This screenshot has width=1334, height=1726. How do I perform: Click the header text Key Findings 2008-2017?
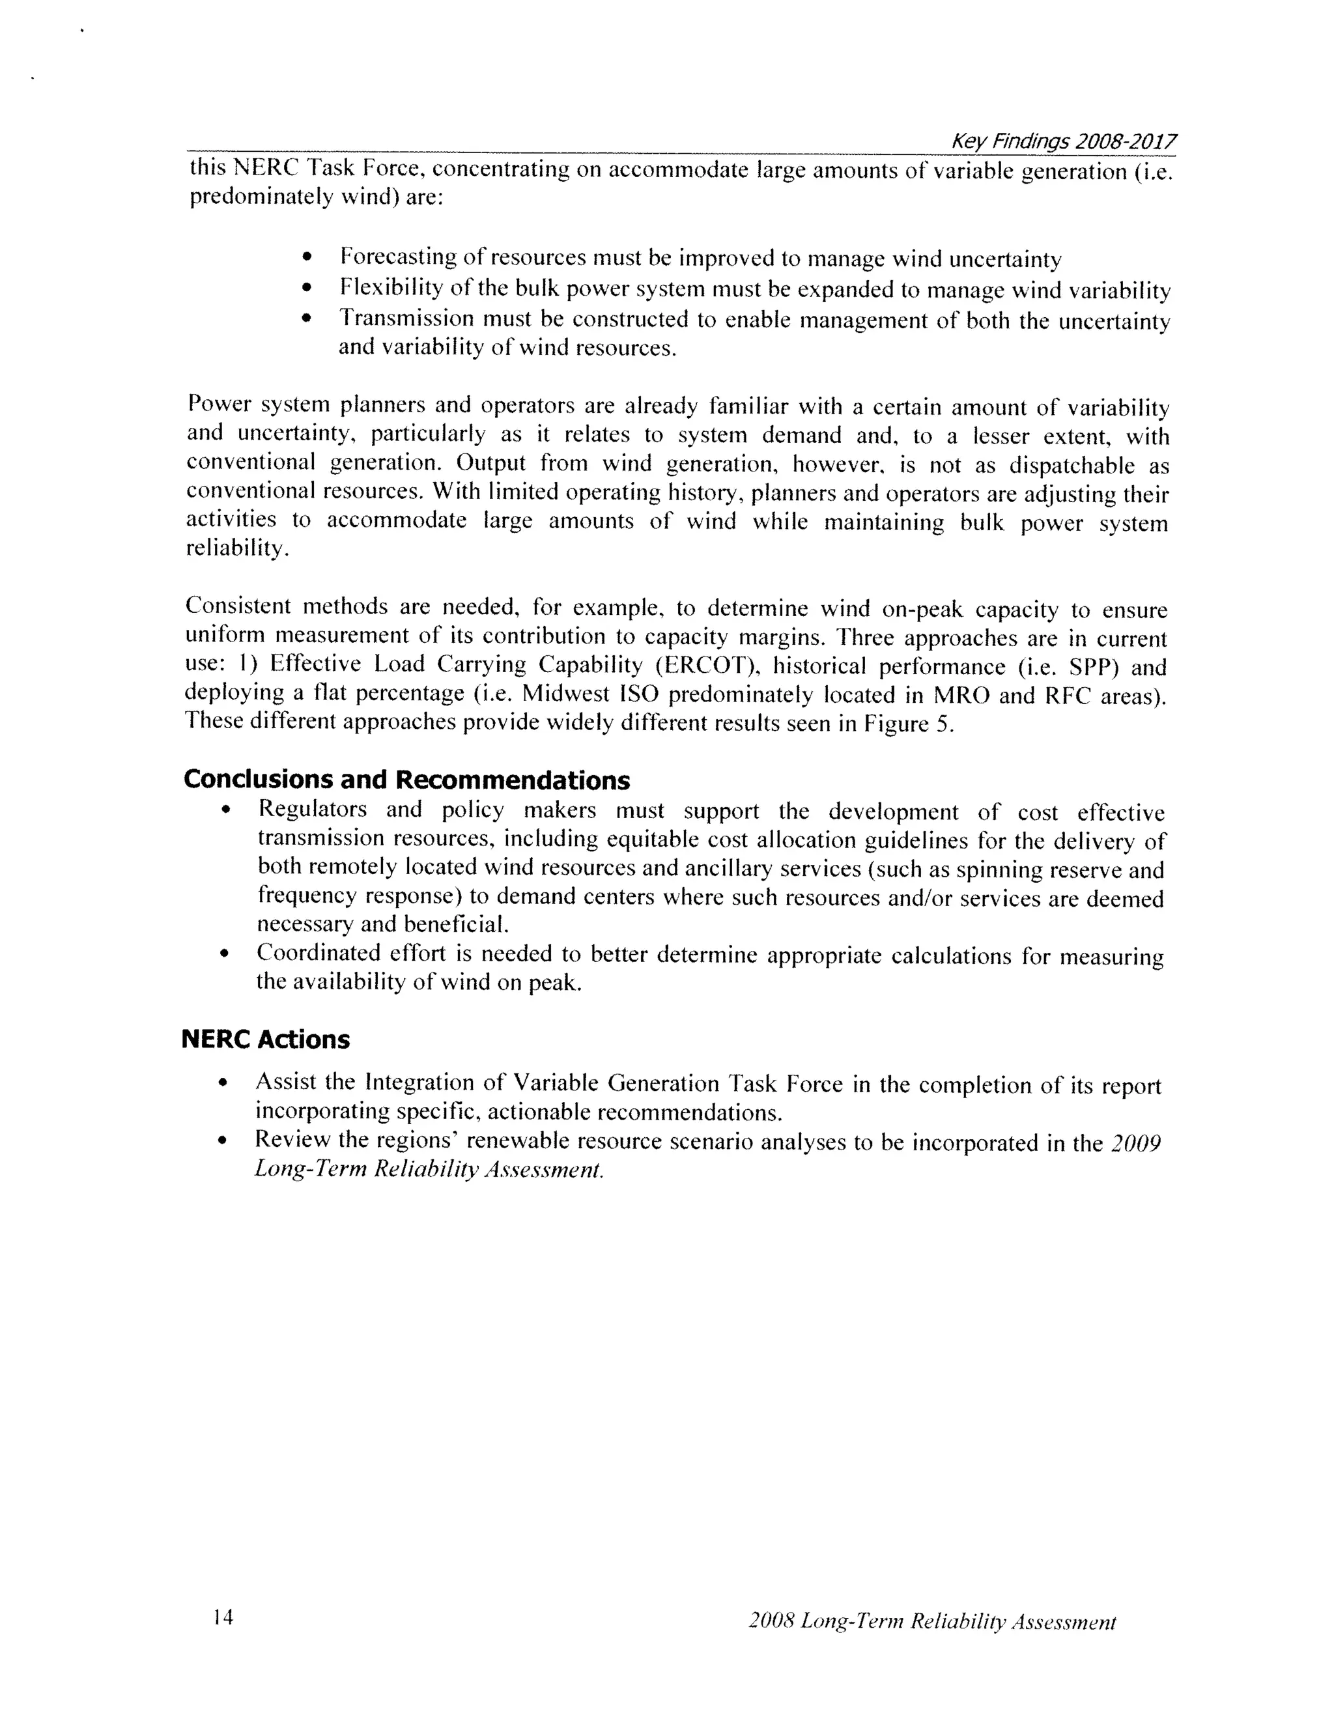click(x=1063, y=142)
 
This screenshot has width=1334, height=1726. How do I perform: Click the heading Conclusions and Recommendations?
click(x=406, y=780)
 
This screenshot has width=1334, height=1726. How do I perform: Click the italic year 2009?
click(x=1135, y=1144)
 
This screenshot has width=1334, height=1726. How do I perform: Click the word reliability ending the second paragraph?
click(x=234, y=548)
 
